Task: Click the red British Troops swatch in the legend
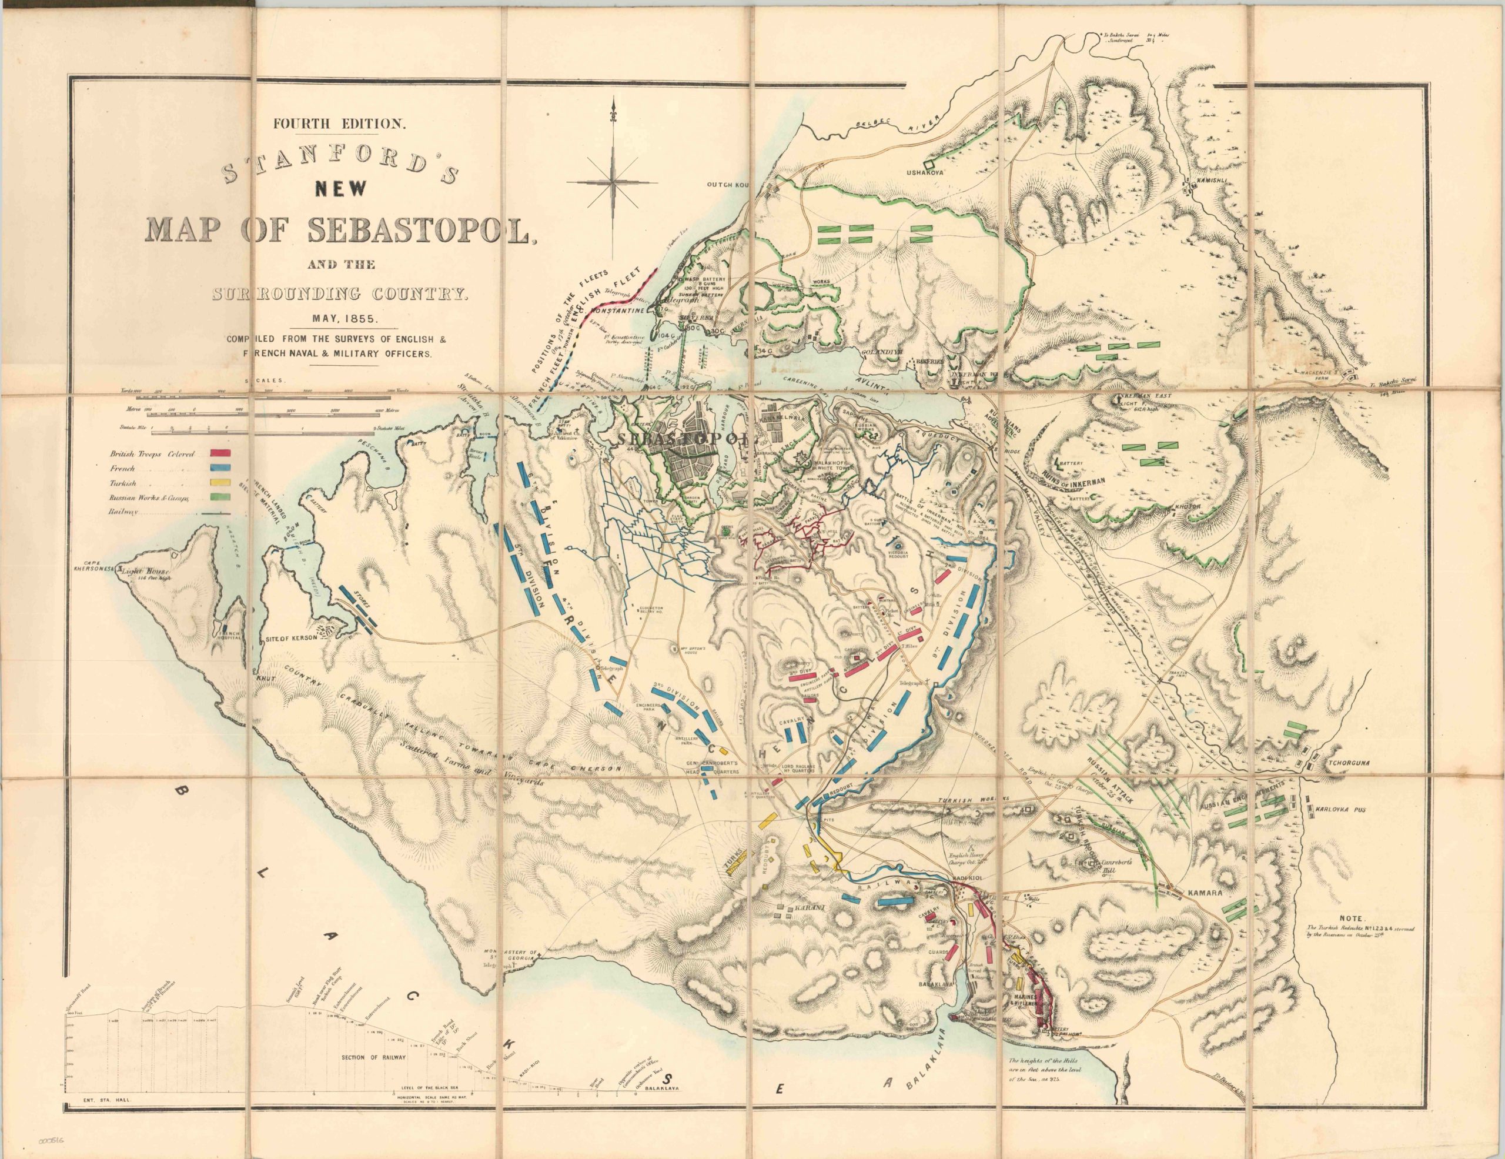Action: [x=220, y=453]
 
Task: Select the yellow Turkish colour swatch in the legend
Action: [x=220, y=484]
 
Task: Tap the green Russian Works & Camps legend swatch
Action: [x=220, y=497]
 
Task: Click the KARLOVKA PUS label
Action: [x=1344, y=809]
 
